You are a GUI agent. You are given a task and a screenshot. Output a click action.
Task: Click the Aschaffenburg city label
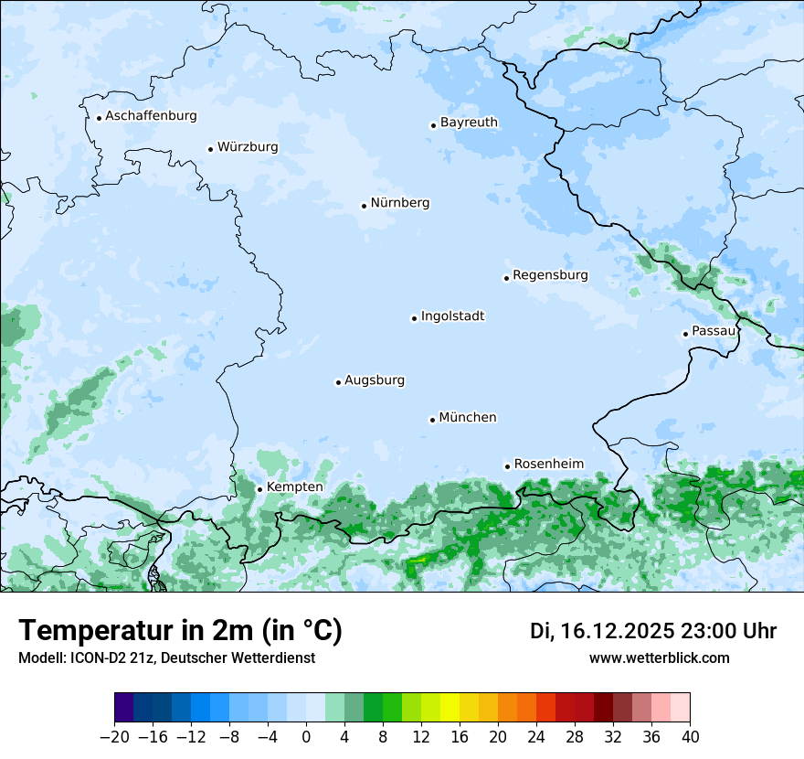pos(151,116)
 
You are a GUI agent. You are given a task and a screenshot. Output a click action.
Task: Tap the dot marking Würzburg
pos(210,149)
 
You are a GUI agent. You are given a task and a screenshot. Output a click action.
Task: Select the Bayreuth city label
pos(469,123)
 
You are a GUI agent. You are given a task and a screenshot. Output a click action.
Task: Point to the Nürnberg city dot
pos(364,206)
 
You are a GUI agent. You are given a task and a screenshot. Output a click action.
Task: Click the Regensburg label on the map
pos(550,275)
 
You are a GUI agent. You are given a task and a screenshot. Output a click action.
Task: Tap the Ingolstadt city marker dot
pos(414,318)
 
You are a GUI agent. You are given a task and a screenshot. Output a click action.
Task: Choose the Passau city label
pos(714,331)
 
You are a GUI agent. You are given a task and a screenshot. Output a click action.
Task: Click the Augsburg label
pos(375,380)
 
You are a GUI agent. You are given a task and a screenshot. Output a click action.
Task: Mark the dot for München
pos(432,420)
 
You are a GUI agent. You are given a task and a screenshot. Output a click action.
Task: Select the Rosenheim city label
pos(548,465)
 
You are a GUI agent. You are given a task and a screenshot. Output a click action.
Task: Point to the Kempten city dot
pos(259,489)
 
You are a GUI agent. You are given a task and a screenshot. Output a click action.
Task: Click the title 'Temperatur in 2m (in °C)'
pos(180,630)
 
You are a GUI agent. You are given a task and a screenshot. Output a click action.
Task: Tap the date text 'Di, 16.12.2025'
pos(602,631)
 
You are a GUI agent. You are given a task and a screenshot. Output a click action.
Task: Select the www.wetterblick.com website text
pos(659,658)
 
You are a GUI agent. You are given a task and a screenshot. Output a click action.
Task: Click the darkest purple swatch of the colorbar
pos(124,708)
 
